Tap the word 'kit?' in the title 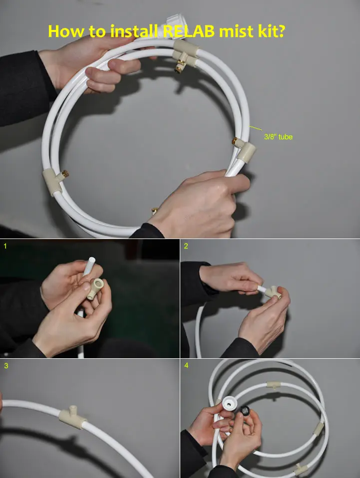(272, 31)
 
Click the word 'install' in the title (134, 31)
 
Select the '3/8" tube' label (278, 137)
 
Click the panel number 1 (5, 245)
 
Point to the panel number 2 (186, 245)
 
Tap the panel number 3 (6, 366)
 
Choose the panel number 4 (186, 365)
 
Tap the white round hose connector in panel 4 (228, 404)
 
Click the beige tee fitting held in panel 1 (95, 288)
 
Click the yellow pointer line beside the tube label (256, 128)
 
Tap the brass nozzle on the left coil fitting (65, 174)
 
